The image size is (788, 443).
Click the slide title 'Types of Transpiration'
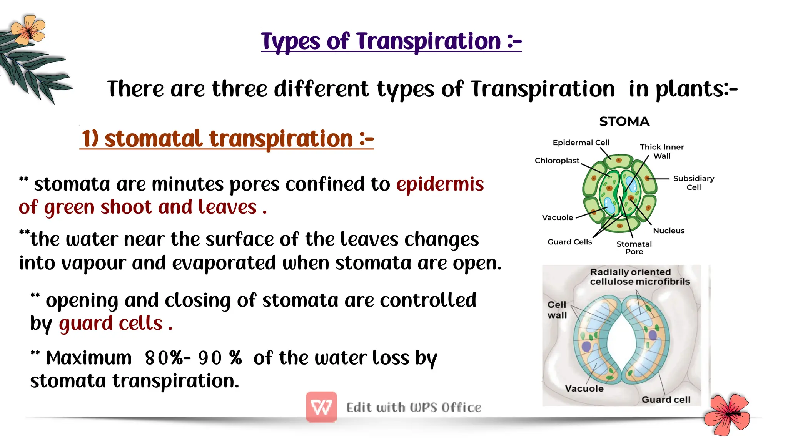pos(391,41)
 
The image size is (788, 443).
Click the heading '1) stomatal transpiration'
pos(227,139)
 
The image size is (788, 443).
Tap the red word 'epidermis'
pos(440,184)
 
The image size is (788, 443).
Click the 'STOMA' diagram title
pos(624,122)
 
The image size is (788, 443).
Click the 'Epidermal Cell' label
pos(581,143)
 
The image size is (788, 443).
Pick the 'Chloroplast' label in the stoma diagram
pos(557,161)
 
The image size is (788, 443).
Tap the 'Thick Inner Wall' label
pos(661,151)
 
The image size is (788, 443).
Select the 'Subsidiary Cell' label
pos(693,183)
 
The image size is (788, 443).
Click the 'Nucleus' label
pos(669,231)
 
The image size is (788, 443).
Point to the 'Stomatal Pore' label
pos(634,247)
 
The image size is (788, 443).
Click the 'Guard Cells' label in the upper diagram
pos(569,242)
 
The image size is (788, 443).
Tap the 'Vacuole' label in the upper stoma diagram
pos(557,217)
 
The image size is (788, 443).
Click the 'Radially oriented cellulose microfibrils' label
pos(639,277)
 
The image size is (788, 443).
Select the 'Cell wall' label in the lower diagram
pos(557,310)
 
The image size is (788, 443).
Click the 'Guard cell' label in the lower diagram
pos(666,400)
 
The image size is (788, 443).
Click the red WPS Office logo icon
pos(321,407)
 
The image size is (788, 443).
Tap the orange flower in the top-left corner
pos(28,29)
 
